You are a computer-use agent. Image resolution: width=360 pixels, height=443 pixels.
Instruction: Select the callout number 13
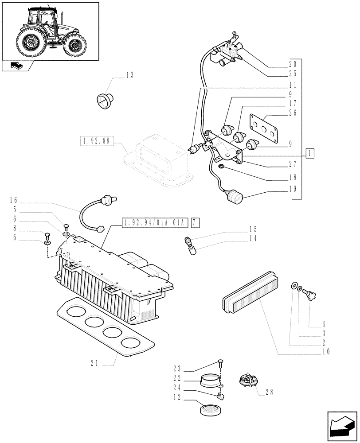click(129, 75)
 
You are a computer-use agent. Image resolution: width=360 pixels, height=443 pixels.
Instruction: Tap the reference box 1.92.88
click(97, 141)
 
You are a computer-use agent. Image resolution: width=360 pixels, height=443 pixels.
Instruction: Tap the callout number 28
click(268, 392)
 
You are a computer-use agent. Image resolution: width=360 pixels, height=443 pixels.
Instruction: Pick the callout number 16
click(13, 201)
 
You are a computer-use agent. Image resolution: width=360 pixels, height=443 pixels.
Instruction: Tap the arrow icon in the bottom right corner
click(341, 426)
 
